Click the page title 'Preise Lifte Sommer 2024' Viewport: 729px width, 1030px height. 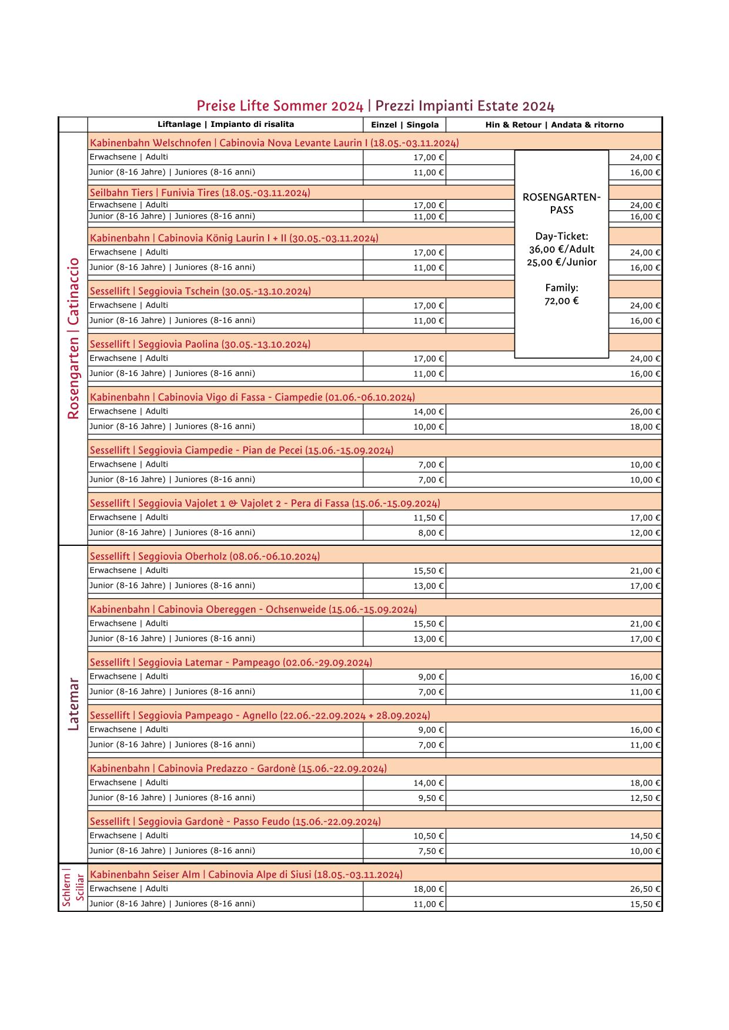click(x=280, y=106)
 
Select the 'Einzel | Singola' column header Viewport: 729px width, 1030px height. click(x=404, y=125)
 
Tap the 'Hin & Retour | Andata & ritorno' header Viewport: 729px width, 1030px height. click(x=554, y=125)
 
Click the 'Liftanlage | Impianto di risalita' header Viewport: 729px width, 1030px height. click(x=226, y=125)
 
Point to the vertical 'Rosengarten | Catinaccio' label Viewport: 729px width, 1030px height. click(x=73, y=338)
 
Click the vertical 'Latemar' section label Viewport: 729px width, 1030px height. click(x=73, y=704)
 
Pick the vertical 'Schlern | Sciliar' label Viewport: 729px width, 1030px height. click(x=73, y=888)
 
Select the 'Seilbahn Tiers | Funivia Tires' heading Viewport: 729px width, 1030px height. click(x=200, y=193)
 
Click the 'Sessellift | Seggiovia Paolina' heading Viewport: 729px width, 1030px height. click(x=200, y=344)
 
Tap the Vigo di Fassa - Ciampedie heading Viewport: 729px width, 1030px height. click(x=252, y=397)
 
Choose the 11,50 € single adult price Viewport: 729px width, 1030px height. click(x=429, y=518)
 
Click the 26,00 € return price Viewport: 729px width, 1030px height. click(x=645, y=412)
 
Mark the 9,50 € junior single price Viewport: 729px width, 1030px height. click(x=431, y=798)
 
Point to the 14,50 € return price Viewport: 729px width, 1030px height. click(x=645, y=836)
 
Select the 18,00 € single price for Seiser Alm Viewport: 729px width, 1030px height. click(x=429, y=889)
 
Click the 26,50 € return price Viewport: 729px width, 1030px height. click(x=645, y=889)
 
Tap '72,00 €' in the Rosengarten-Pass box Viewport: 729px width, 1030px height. click(x=561, y=301)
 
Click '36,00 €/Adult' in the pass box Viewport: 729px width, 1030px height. click(x=561, y=249)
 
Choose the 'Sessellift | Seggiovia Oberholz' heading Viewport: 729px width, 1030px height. click(x=205, y=556)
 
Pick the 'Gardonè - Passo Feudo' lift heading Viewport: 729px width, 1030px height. click(x=235, y=821)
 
